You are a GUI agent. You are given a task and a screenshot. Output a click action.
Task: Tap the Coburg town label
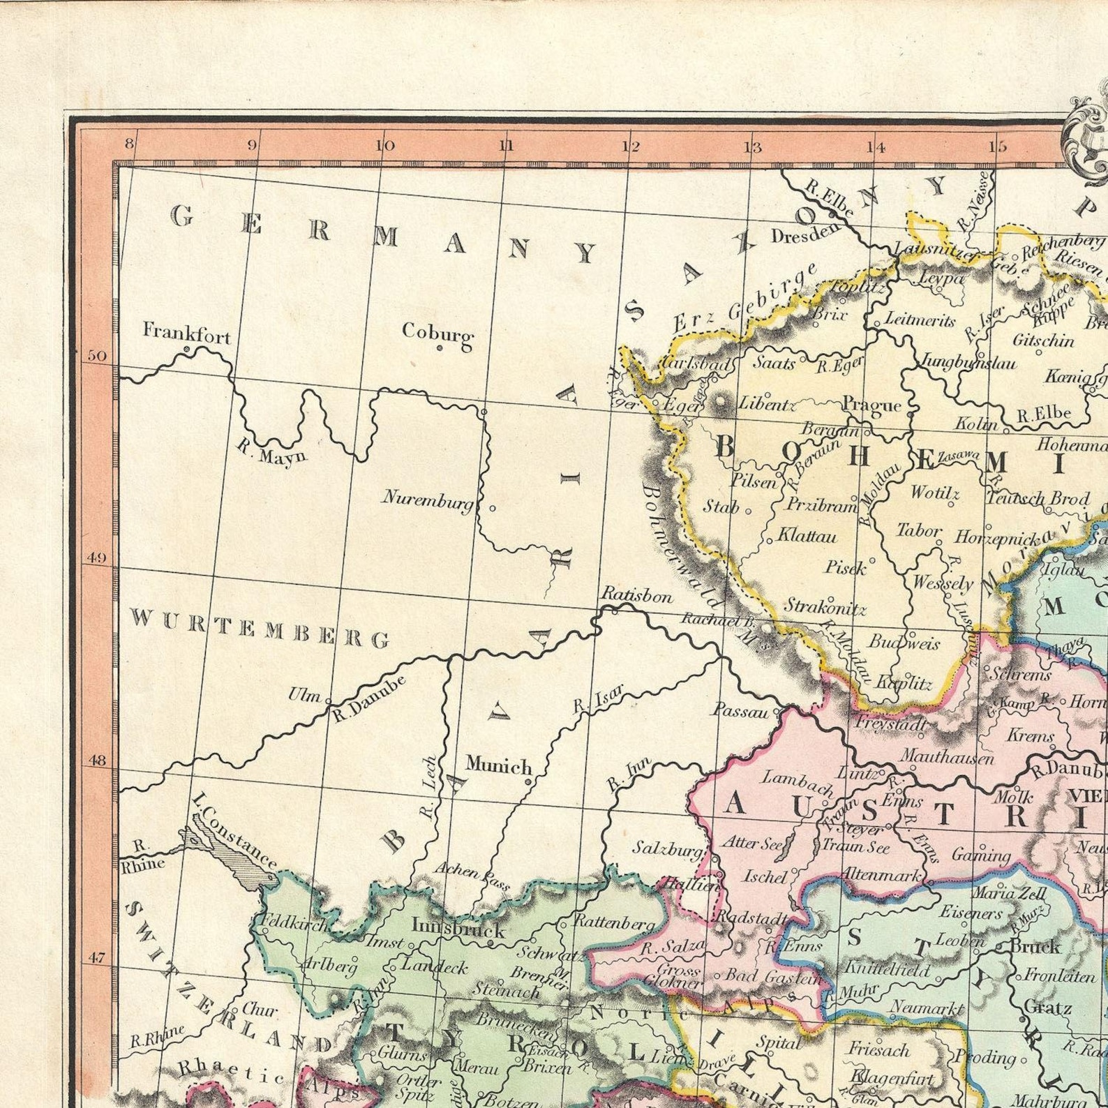pos(437,332)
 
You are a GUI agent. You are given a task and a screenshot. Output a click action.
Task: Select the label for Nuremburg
pos(428,498)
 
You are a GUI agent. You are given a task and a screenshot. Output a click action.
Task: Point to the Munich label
pos(498,765)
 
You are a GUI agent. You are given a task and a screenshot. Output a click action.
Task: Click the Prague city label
pos(871,404)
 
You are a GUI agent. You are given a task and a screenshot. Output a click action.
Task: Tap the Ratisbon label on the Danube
pos(637,596)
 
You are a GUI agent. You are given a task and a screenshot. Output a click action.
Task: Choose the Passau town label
pos(740,711)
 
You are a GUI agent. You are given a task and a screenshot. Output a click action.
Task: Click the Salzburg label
pos(668,848)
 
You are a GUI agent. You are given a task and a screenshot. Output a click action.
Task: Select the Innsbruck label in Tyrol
pos(458,929)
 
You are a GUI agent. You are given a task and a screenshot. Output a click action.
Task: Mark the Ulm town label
pos(304,695)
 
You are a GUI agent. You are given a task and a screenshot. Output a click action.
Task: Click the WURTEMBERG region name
pos(260,627)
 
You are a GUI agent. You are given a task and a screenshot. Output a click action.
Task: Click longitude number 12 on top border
pos(631,147)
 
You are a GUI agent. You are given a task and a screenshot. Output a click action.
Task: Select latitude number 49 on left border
pos(97,558)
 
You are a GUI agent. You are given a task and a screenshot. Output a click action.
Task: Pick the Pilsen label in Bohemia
pos(753,481)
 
